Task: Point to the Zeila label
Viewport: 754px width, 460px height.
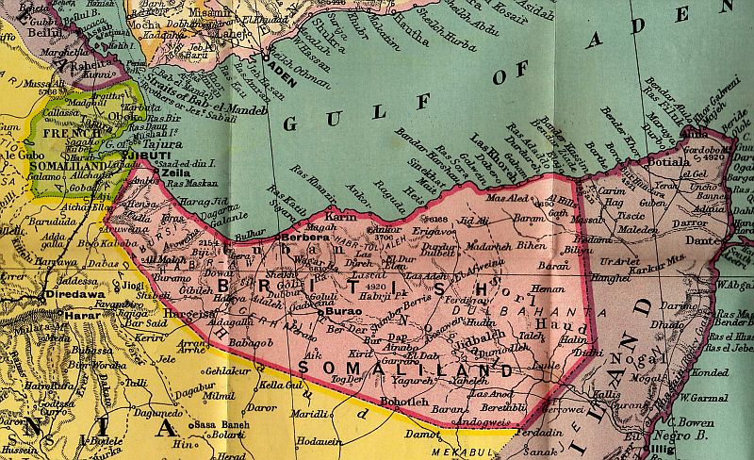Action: (x=176, y=172)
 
